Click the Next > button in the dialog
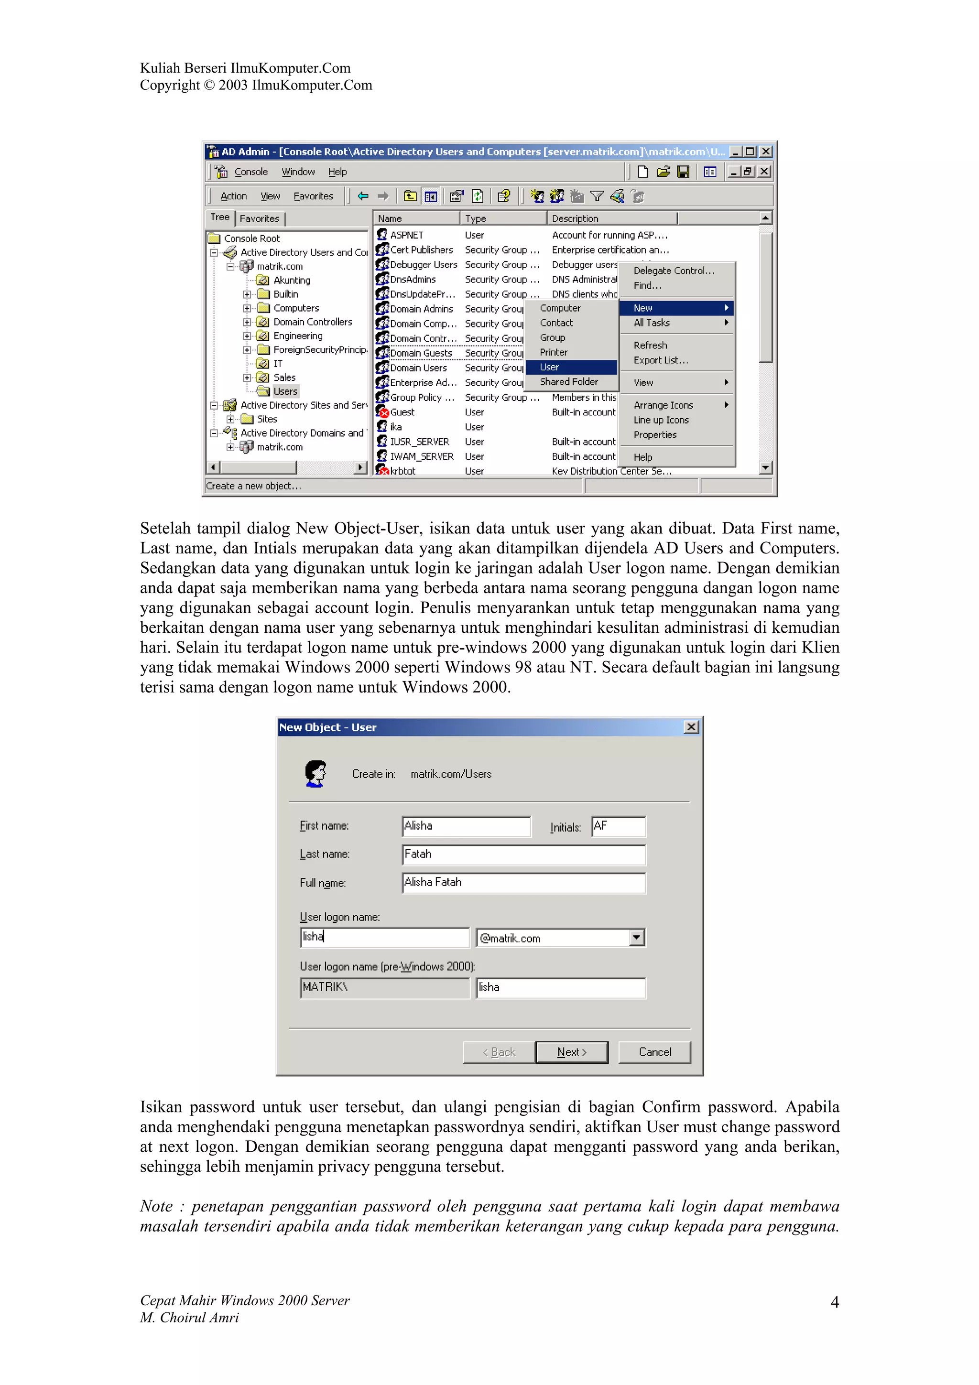(571, 1052)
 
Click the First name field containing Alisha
(466, 826)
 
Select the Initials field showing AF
(618, 826)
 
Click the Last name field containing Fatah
(523, 854)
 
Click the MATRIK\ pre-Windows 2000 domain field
(384, 987)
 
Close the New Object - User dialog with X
(691, 727)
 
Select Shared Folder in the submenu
(569, 382)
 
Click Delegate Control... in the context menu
(674, 271)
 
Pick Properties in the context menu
(655, 435)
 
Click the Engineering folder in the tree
(297, 336)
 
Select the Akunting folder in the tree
(291, 281)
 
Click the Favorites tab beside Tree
(260, 218)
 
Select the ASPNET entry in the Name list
(406, 235)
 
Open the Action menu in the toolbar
(233, 196)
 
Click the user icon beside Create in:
(315, 773)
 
